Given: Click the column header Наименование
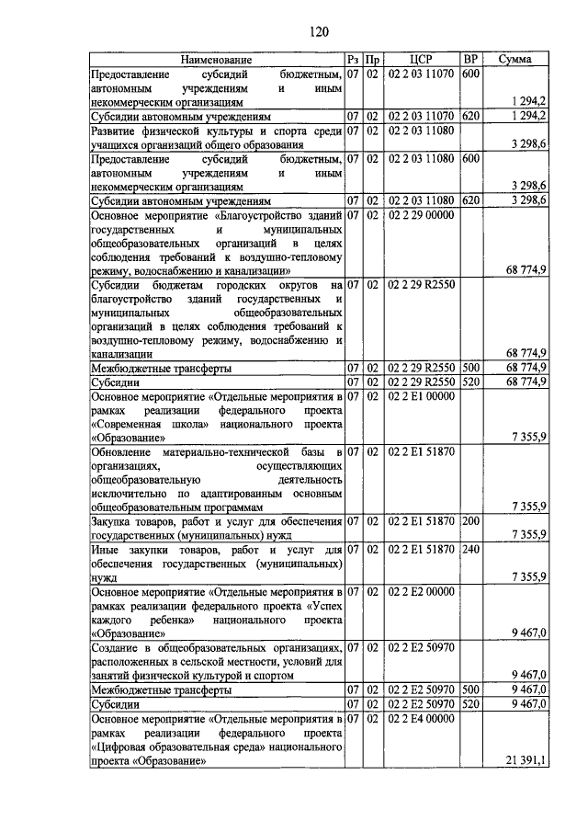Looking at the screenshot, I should click(216, 60).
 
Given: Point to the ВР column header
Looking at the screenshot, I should click(471, 60).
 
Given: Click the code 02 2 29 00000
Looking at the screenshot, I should click(421, 215).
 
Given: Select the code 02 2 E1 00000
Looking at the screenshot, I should click(421, 396).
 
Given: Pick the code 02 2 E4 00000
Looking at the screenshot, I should click(421, 719).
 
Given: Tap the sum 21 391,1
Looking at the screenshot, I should click(526, 760).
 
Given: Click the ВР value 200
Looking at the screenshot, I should click(471, 522).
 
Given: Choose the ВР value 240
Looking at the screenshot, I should click(471, 550).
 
